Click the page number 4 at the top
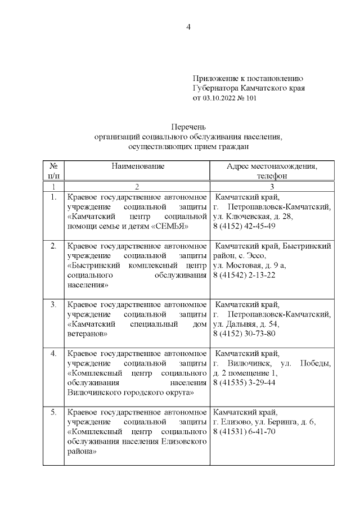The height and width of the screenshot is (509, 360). (189, 26)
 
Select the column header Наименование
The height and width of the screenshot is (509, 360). (137, 166)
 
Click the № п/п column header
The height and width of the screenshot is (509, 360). (53, 171)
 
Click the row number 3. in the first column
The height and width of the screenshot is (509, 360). (53, 304)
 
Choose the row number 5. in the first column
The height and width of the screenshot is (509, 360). (53, 412)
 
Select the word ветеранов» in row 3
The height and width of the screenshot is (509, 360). (87, 334)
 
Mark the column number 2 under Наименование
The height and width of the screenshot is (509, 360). (137, 186)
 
